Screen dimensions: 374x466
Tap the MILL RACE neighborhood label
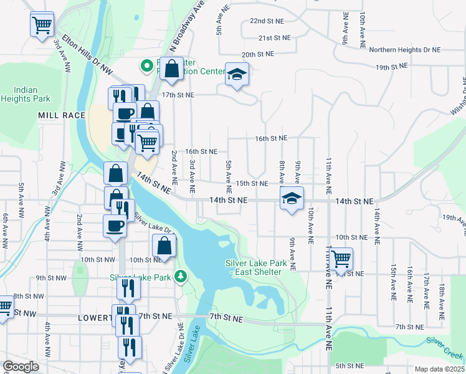pyautogui.click(x=61, y=116)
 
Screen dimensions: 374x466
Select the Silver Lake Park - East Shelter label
pyautogui.click(x=256, y=267)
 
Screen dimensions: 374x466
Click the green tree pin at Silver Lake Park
pyautogui.click(x=181, y=276)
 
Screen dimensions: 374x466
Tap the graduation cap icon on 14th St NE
pyautogui.click(x=291, y=199)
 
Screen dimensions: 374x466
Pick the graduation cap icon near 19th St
pyautogui.click(x=236, y=75)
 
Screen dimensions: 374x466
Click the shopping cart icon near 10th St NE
pyautogui.click(x=341, y=258)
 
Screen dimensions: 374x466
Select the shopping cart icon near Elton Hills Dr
pyautogui.click(x=42, y=26)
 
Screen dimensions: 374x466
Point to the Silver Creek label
pyautogui.click(x=444, y=345)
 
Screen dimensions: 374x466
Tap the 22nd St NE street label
pyautogui.click(x=267, y=21)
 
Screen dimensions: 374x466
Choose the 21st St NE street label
pyautogui.click(x=275, y=37)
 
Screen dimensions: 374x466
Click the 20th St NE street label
pyautogui.click(x=258, y=55)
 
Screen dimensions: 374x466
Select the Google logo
pyautogui.click(x=20, y=367)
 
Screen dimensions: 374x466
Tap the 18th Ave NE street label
pyautogui.click(x=441, y=297)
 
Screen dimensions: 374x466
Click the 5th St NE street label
pyautogui.click(x=349, y=365)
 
